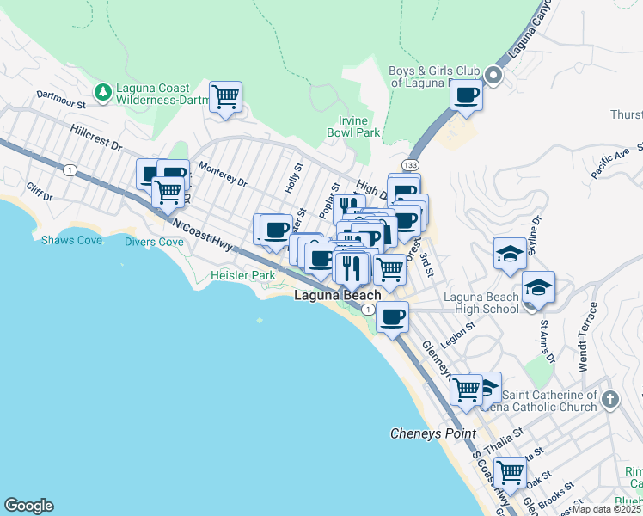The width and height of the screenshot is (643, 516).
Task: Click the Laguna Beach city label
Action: (x=338, y=295)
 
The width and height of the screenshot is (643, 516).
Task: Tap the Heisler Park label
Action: (x=243, y=275)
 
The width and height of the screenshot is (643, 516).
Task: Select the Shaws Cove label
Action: (x=71, y=240)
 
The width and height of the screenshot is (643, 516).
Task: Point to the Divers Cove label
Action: (x=153, y=243)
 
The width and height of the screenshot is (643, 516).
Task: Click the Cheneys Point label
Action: (x=433, y=433)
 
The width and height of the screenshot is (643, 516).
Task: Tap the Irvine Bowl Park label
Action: (x=352, y=126)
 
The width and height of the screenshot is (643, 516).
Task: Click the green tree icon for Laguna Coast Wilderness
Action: (x=103, y=90)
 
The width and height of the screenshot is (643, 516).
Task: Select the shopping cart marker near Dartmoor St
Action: (x=225, y=97)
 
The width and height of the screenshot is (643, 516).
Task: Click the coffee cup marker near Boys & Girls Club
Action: (x=467, y=95)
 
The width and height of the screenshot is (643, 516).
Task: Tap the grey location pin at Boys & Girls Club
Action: (x=494, y=76)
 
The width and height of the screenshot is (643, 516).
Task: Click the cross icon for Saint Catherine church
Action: (x=609, y=399)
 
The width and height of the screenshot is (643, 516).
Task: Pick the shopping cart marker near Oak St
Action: (x=511, y=471)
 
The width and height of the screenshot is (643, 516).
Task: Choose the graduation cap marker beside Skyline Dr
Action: (x=510, y=253)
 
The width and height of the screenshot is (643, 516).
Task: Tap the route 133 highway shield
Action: (x=407, y=164)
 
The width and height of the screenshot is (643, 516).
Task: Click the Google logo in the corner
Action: (x=28, y=506)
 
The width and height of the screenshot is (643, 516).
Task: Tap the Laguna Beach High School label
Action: (x=481, y=304)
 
